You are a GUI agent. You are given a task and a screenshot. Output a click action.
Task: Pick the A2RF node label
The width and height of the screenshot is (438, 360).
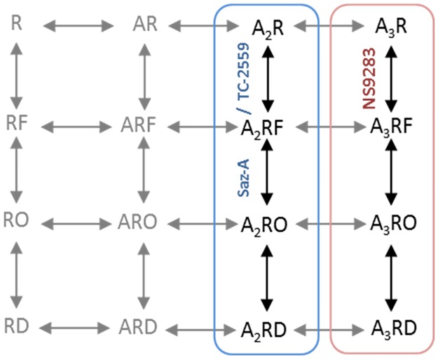(266, 127)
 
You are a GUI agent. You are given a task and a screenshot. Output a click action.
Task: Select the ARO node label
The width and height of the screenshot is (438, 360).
(144, 223)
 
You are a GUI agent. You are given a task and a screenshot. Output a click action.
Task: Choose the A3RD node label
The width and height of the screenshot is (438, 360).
(393, 328)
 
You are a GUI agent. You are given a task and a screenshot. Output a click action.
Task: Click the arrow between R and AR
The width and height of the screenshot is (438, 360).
(78, 27)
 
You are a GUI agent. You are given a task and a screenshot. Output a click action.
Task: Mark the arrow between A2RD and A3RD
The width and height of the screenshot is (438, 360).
(330, 328)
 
